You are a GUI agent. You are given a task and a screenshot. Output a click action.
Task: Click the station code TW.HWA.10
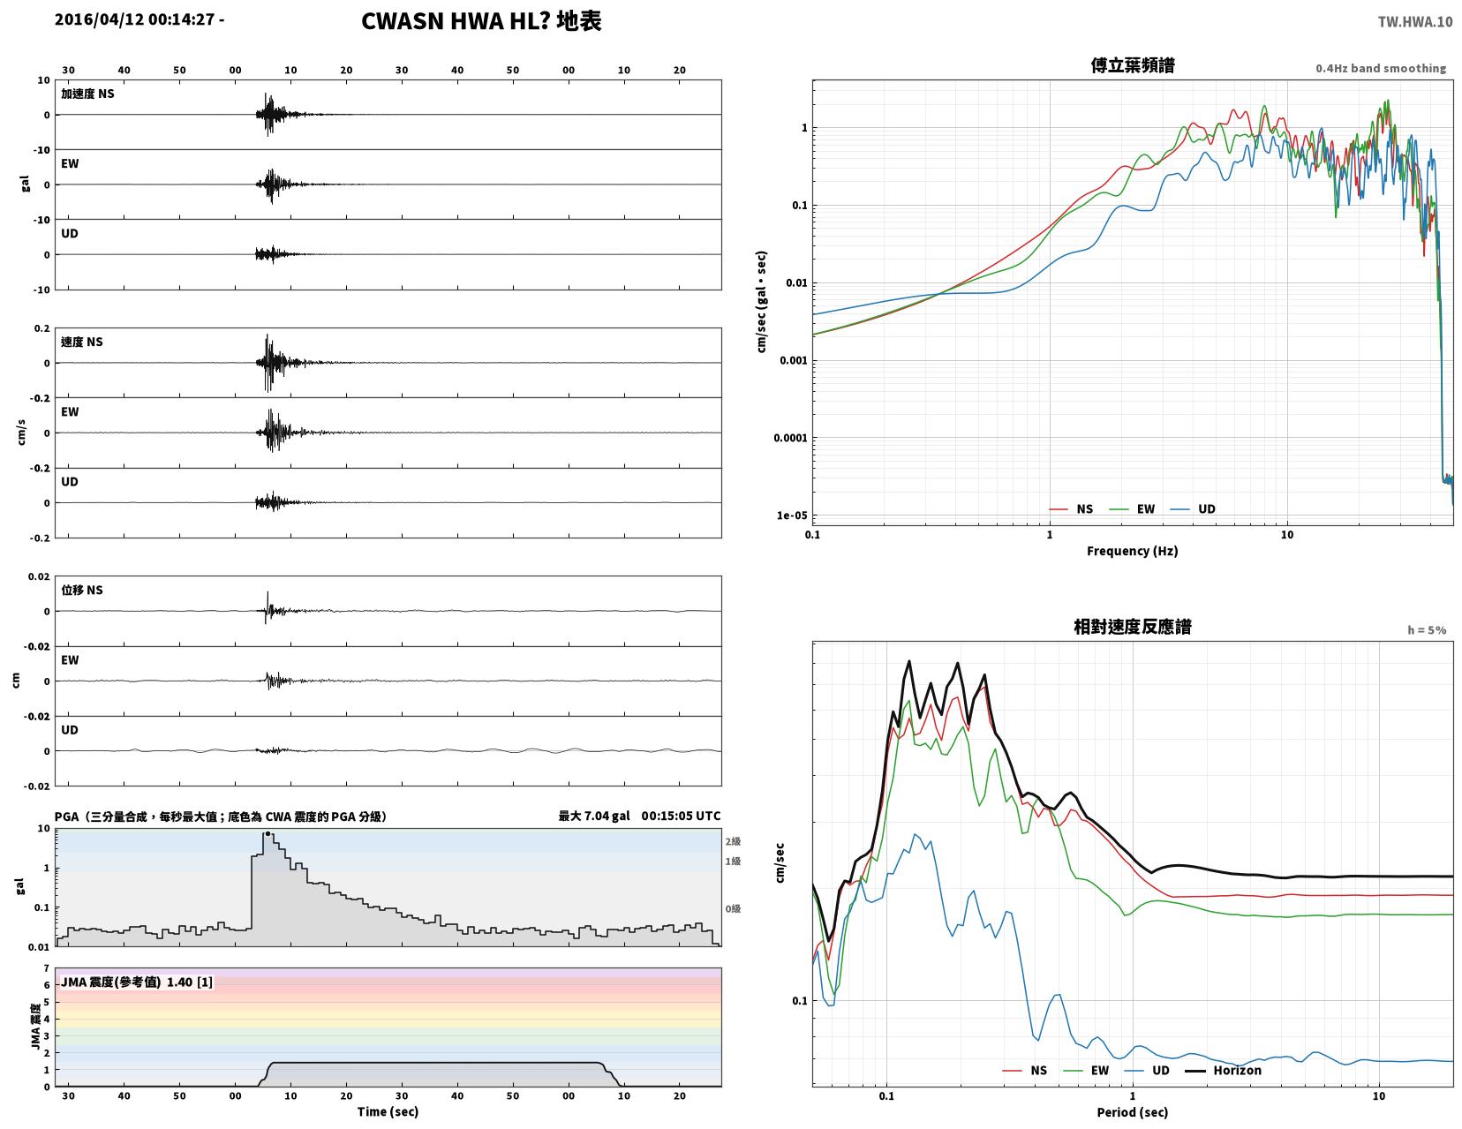click(1414, 21)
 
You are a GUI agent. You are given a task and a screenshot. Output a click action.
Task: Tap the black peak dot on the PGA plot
click(268, 833)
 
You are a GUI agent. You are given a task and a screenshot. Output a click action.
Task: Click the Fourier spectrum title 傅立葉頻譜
click(1133, 65)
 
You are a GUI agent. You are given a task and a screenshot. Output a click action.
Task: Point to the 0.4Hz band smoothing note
click(1380, 68)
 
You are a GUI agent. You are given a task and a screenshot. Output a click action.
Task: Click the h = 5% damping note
click(1427, 629)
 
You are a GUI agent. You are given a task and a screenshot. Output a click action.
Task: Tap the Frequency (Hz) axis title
click(1132, 551)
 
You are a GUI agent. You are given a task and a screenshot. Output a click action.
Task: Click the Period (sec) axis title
click(1132, 1112)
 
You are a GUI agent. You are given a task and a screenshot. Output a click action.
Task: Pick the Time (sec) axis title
click(388, 1111)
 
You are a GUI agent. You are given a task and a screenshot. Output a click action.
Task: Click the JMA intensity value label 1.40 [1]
click(190, 982)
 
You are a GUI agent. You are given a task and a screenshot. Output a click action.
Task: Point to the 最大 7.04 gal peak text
click(593, 816)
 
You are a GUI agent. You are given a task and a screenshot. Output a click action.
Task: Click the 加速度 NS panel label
click(87, 94)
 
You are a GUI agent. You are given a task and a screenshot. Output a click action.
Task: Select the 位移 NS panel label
click(82, 590)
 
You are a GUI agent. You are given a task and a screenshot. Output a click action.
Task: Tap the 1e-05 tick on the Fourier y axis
click(791, 516)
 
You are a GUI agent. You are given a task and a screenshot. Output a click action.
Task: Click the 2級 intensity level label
click(733, 841)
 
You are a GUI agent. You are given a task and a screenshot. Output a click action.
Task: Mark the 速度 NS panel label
click(82, 342)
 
